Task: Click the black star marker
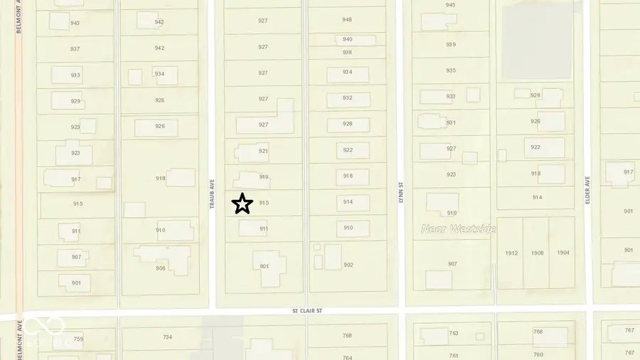(x=242, y=203)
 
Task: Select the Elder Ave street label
(x=588, y=191)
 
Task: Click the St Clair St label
(x=307, y=311)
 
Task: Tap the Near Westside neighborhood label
(x=458, y=228)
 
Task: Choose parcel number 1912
(x=511, y=253)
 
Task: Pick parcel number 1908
(x=537, y=253)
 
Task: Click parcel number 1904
(x=563, y=253)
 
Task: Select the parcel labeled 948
(x=347, y=20)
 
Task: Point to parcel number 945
(x=451, y=5)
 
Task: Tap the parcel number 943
(x=75, y=23)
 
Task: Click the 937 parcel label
(x=75, y=49)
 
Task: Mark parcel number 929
(x=75, y=101)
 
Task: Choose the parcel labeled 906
(x=161, y=268)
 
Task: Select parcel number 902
(x=348, y=265)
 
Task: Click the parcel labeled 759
(x=78, y=339)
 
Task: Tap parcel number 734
(x=168, y=337)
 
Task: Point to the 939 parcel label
(x=451, y=45)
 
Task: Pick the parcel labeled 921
(x=263, y=151)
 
